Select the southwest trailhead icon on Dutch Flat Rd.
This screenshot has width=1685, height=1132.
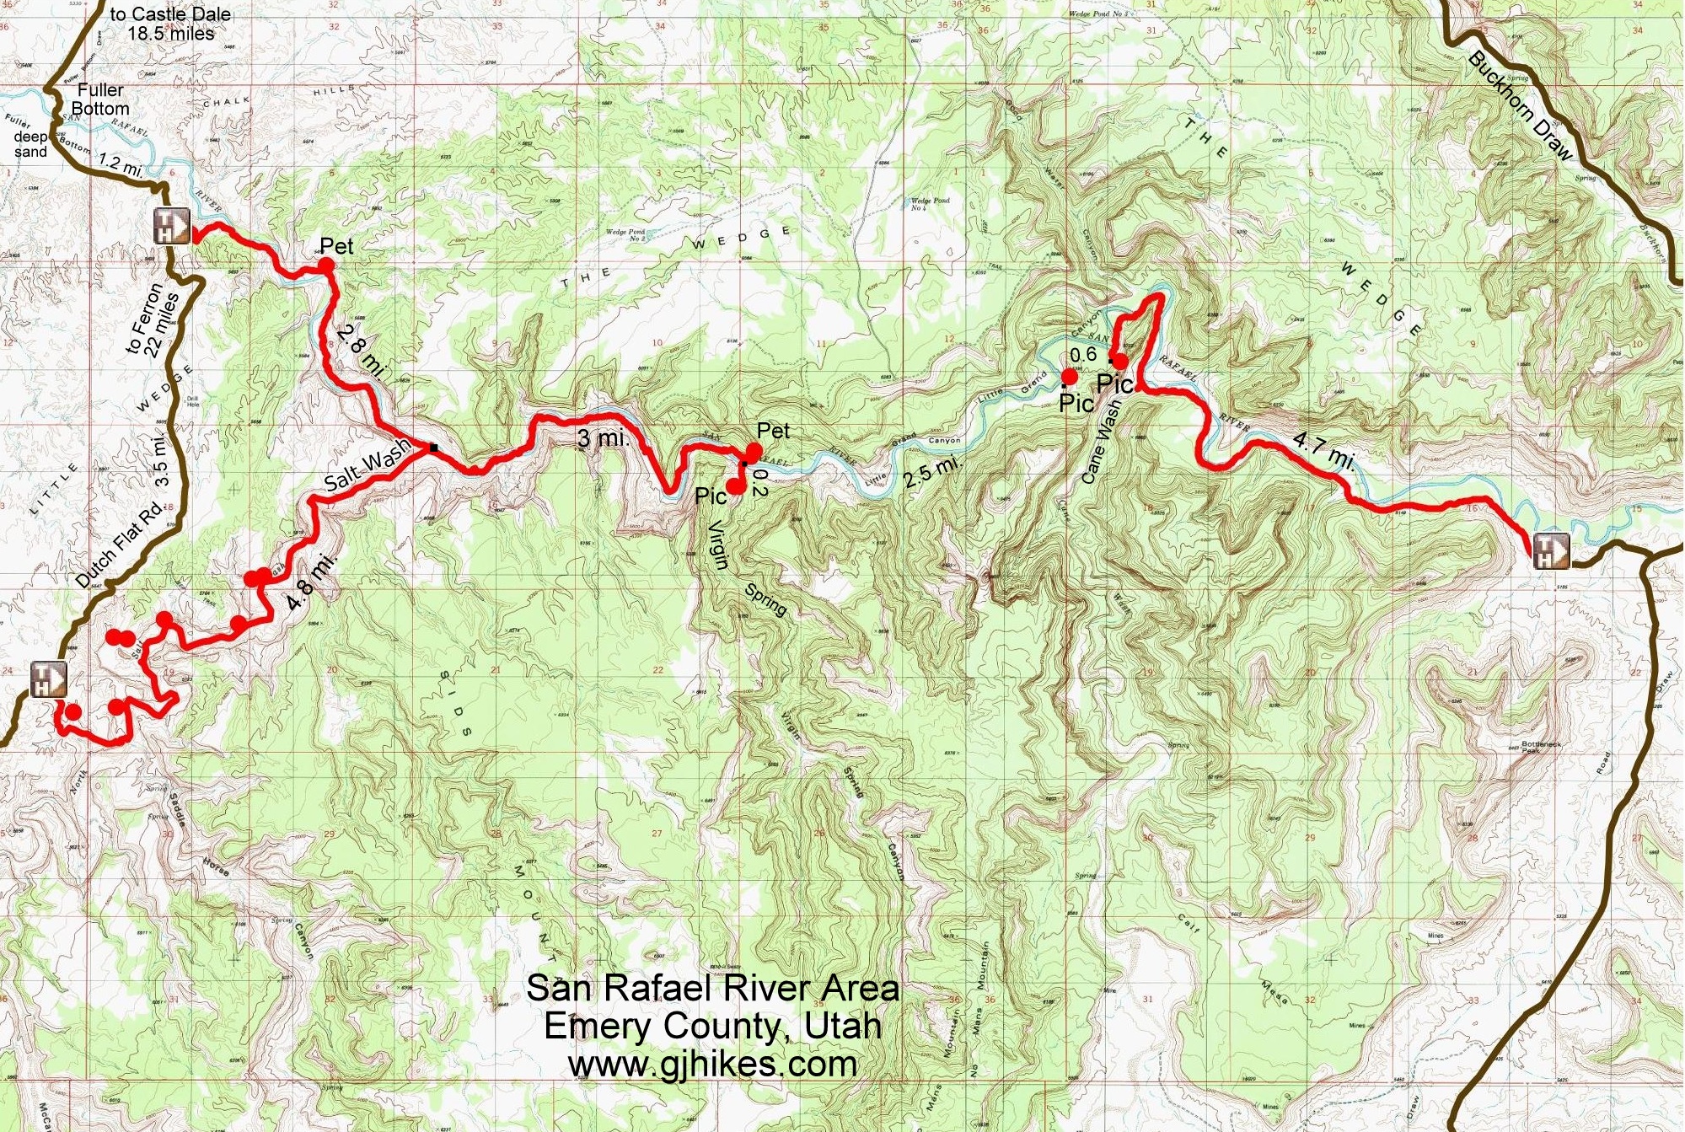[x=49, y=679]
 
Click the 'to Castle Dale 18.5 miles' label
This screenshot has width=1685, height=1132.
[x=170, y=24]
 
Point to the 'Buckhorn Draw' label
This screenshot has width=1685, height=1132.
[x=1521, y=106]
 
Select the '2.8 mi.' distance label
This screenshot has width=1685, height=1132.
[x=361, y=351]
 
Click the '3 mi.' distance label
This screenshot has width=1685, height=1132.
[x=600, y=437]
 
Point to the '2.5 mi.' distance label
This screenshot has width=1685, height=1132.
[x=932, y=473]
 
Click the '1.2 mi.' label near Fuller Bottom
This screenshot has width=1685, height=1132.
[x=121, y=164]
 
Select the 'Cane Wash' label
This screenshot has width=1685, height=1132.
[x=1102, y=441]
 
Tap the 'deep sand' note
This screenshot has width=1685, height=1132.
[x=31, y=144]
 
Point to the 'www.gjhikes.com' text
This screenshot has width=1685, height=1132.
[x=712, y=1064]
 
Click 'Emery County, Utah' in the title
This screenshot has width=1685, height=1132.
[x=712, y=1026]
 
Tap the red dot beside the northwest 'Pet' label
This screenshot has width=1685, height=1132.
[x=325, y=266]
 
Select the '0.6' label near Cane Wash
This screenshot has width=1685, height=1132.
[x=1083, y=355]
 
